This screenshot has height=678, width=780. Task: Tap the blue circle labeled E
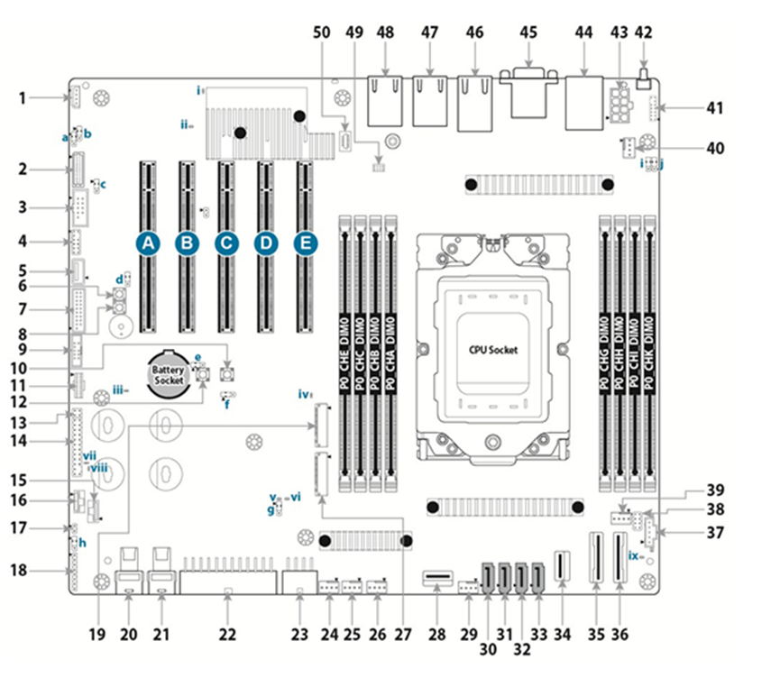[306, 243]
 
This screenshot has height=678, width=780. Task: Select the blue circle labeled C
[226, 243]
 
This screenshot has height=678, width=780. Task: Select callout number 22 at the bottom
[227, 634]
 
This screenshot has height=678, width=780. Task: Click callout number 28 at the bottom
[438, 634]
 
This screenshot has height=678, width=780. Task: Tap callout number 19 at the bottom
[96, 634]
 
